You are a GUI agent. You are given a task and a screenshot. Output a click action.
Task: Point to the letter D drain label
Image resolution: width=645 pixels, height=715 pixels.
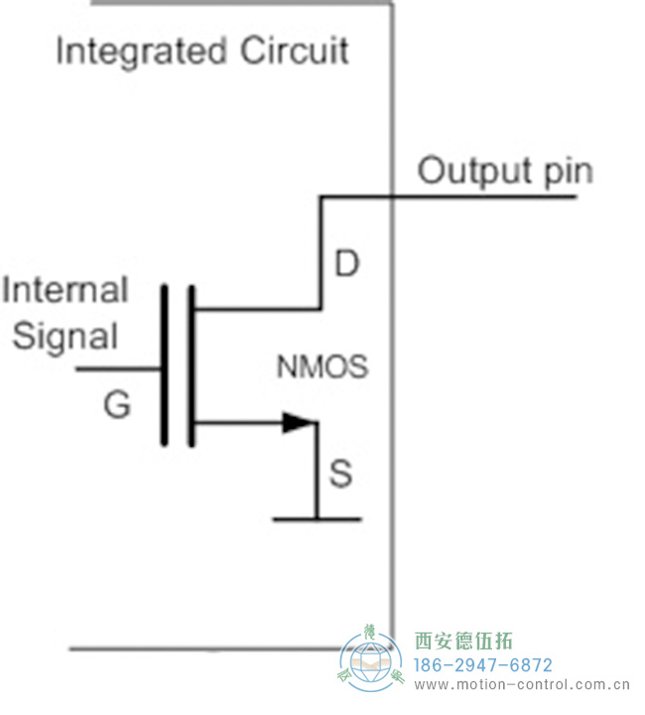[x=345, y=265]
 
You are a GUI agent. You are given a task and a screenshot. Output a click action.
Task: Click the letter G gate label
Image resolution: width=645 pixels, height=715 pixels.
[x=117, y=405]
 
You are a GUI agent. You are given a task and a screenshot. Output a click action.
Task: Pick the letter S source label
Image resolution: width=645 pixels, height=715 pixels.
[x=340, y=475]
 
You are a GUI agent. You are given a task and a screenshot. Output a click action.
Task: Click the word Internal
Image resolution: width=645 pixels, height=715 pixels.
[x=65, y=290]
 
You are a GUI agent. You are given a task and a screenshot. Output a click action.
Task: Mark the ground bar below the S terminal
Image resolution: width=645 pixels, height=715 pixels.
[x=317, y=518]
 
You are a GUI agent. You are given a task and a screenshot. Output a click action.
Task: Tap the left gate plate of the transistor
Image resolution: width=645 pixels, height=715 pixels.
[x=165, y=364]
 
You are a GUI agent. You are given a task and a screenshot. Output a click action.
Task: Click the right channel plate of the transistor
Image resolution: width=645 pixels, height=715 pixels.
[x=191, y=364]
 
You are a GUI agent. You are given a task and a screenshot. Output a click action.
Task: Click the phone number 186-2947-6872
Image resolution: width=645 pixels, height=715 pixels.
[x=482, y=664]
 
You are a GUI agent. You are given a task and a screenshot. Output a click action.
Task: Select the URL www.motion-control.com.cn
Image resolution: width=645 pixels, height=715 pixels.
[x=521, y=685]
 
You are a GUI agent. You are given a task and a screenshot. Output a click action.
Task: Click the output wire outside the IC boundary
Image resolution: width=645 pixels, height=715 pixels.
[x=486, y=197]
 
